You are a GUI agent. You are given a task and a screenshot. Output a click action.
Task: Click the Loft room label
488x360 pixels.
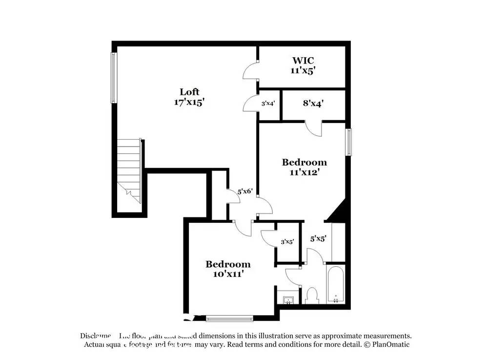pos(189,92)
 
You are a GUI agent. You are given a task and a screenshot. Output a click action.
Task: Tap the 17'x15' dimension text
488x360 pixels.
pos(189,103)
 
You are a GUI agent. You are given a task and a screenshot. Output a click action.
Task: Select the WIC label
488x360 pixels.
pos(303,61)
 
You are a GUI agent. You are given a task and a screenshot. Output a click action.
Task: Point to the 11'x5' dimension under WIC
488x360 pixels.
pos(303,70)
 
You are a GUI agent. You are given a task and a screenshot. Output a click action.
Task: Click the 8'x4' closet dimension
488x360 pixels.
pos(313,104)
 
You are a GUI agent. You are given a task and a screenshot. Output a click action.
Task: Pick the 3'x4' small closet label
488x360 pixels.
pos(268,104)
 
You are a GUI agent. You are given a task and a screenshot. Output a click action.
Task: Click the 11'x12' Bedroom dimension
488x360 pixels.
pos(304,172)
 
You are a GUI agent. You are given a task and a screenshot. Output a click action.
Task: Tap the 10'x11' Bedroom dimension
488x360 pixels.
pos(228,274)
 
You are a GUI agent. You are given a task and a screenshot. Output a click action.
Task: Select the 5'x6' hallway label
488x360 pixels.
pos(244,192)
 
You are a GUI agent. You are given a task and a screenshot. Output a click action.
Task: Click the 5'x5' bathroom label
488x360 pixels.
pos(318,239)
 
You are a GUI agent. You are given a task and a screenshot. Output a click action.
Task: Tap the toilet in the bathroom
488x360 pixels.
pos(311,295)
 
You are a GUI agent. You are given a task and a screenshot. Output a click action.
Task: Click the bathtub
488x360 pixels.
pos(336,284)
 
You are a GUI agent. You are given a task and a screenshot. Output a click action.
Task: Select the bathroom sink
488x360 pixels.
pos(288,298)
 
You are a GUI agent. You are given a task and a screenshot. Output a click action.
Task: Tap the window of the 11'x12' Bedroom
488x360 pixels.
pos(348,142)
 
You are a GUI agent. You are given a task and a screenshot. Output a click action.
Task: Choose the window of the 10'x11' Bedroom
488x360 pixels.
pos(229,319)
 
